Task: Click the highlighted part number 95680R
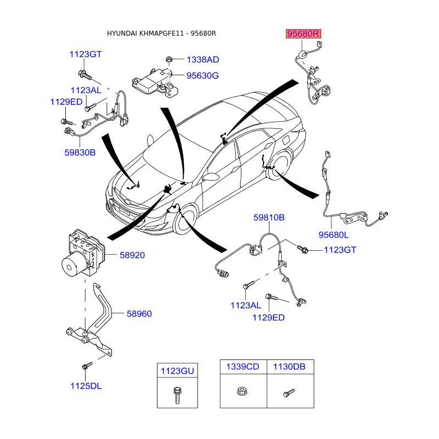(x=303, y=34)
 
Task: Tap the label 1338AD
(x=202, y=59)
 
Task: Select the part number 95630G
(x=202, y=76)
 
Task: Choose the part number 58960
(x=139, y=314)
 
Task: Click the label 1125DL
(x=86, y=386)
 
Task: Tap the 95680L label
(x=334, y=235)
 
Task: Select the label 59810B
(x=269, y=217)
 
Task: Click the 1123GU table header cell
(x=177, y=371)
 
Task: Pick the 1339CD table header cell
(x=243, y=367)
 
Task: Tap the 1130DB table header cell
(x=290, y=367)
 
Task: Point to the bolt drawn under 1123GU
(x=177, y=394)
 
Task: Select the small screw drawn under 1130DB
(x=289, y=393)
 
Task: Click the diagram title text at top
(x=161, y=33)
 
